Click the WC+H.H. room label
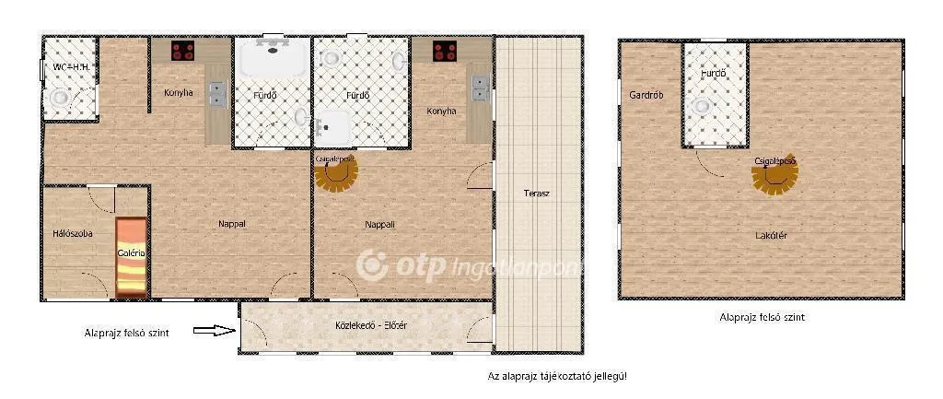(x=70, y=67)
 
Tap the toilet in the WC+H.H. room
(x=61, y=97)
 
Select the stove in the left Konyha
(x=182, y=52)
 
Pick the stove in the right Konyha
(x=446, y=52)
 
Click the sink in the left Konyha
(x=218, y=93)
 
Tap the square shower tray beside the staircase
(x=335, y=125)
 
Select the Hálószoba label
(x=73, y=233)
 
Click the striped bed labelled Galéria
(x=132, y=256)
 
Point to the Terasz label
(x=537, y=194)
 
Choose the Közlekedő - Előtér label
(x=366, y=325)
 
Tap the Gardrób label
(x=646, y=94)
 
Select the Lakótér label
(x=771, y=235)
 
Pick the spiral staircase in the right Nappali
(x=336, y=171)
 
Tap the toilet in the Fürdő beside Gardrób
(x=704, y=106)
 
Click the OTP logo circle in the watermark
(x=372, y=265)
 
